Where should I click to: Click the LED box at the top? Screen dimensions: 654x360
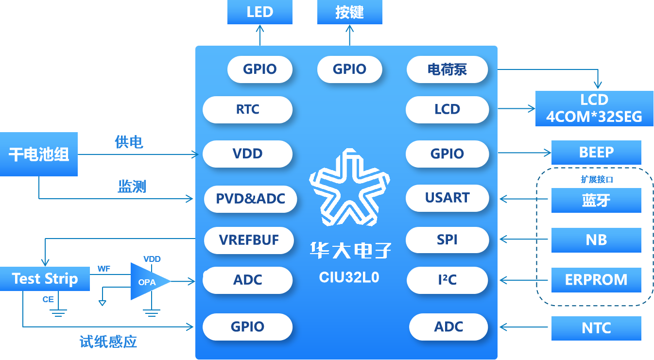pos(260,12)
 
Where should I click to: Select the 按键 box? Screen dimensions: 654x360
pos(349,12)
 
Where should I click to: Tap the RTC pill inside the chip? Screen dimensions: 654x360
pos(248,109)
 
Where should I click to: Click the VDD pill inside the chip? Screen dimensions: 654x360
pos(248,154)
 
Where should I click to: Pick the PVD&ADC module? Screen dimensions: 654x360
pos(251,199)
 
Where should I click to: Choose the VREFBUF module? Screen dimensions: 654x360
pos(249,240)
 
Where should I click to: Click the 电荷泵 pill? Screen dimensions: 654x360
pos(447,69)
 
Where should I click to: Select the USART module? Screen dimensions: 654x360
pos(447,198)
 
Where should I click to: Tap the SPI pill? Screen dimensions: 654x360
pos(447,240)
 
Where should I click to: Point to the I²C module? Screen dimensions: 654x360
pos(447,280)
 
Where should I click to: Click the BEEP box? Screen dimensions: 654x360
pos(596,153)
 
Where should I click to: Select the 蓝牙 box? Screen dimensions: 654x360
pos(596,200)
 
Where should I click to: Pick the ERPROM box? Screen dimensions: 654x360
pos(596,280)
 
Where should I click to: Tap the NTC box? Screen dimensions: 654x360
pos(596,328)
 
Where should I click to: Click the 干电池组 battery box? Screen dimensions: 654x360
pos(39,154)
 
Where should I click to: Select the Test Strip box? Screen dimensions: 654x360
pos(45,279)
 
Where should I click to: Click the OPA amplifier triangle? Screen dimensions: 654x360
pos(147,281)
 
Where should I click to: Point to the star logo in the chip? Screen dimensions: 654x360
pos(349,188)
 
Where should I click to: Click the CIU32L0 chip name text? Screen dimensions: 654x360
pos(349,277)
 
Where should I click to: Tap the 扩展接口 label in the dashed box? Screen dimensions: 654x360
pos(597,179)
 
